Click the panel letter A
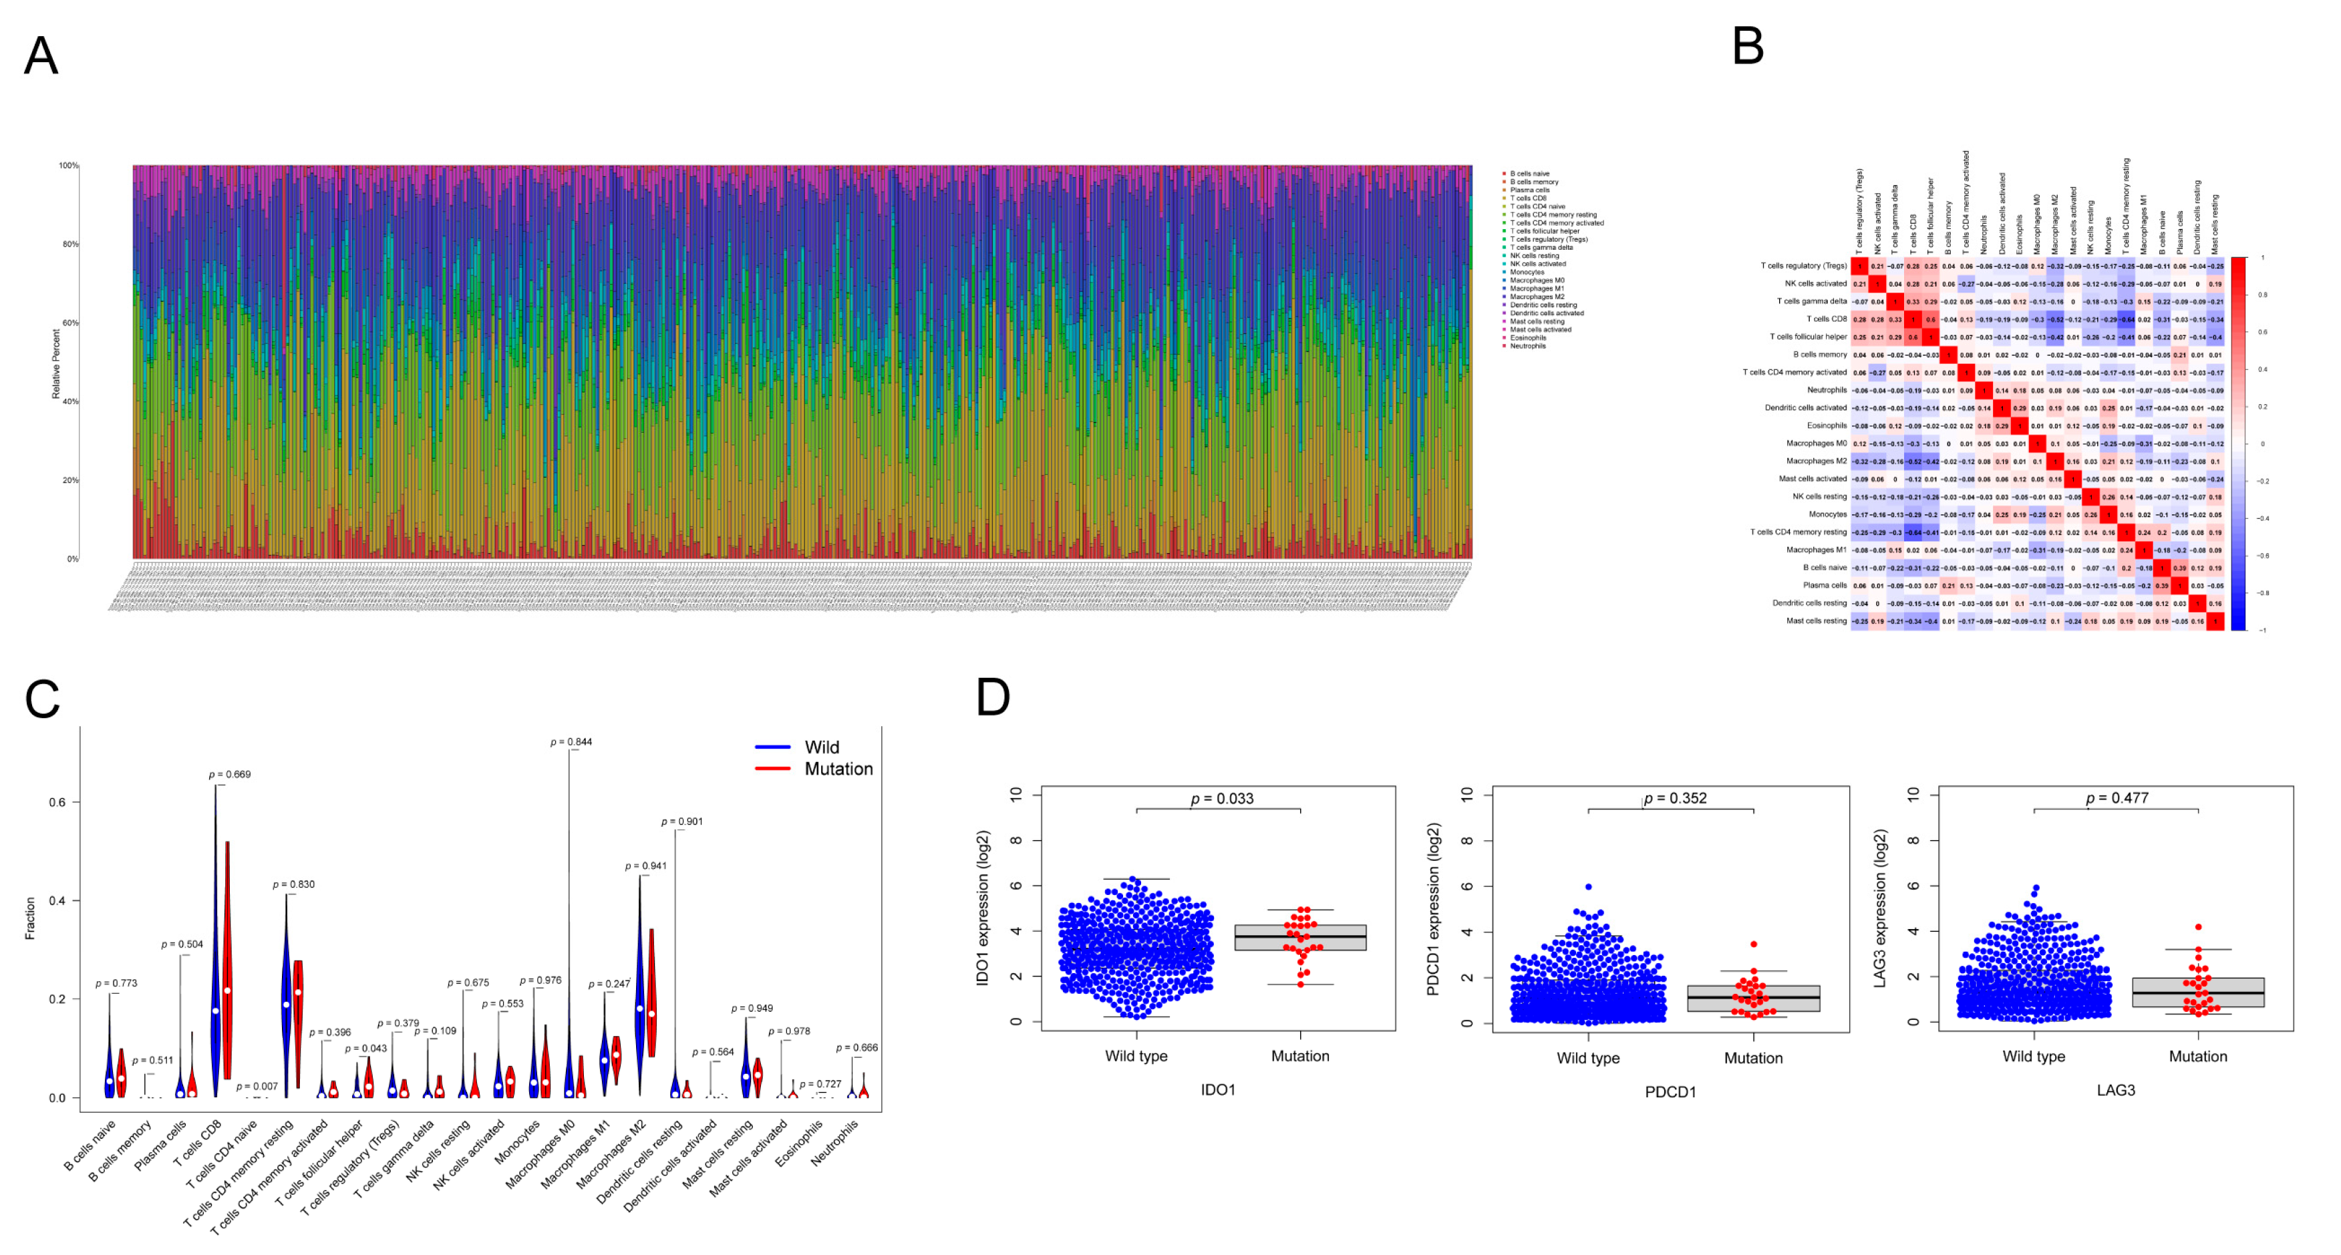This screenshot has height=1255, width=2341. (x=41, y=56)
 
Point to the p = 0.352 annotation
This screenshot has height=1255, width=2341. (x=1674, y=798)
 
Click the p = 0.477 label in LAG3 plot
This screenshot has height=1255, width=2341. (x=2117, y=798)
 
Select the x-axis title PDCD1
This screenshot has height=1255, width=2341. (x=1670, y=1091)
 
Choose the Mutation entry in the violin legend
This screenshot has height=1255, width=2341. (x=837, y=769)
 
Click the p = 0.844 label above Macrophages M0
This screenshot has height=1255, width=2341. (x=571, y=743)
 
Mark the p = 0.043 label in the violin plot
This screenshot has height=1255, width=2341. (x=365, y=1048)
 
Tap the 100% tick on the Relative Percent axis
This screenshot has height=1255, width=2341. (x=68, y=166)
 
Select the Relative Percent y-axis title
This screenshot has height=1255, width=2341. (x=55, y=363)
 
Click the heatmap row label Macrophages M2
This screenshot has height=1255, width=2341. (x=1816, y=461)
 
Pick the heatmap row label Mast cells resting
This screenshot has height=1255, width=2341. (x=1816, y=620)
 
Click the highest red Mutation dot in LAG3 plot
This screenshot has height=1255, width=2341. (x=2197, y=927)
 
